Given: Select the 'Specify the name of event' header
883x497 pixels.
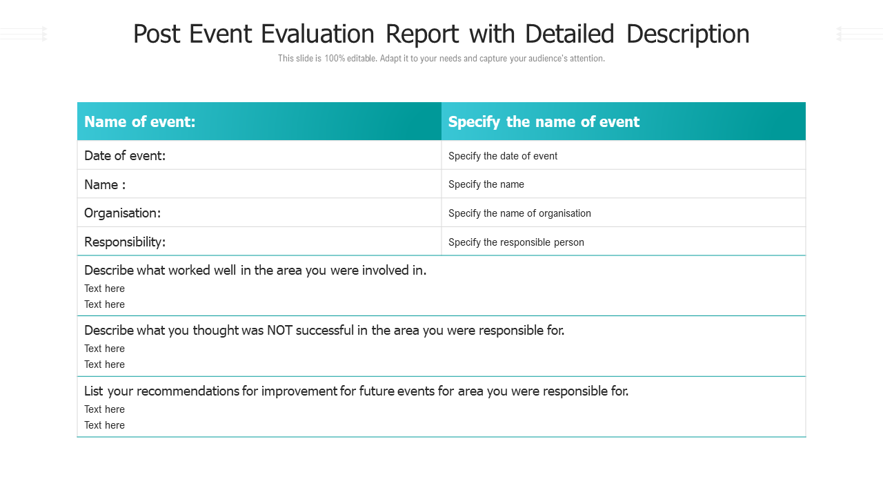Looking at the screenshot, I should pyautogui.click(x=544, y=122).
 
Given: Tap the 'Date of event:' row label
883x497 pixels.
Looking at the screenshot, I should pyautogui.click(x=125, y=156).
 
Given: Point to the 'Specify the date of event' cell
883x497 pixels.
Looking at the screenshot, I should pyautogui.click(x=502, y=156).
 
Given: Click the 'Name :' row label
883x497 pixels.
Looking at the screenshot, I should pyautogui.click(x=105, y=185).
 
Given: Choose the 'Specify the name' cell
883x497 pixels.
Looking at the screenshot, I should pyautogui.click(x=486, y=184).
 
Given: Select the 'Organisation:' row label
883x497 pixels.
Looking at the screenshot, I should pyautogui.click(x=122, y=213).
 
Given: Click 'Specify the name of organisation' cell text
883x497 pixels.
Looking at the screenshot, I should pyautogui.click(x=519, y=213).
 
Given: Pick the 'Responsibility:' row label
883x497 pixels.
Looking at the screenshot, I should pyautogui.click(x=125, y=242).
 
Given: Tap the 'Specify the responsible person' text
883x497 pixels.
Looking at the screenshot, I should pyautogui.click(x=516, y=242).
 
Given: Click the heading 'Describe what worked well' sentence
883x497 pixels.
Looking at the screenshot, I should pyautogui.click(x=255, y=271).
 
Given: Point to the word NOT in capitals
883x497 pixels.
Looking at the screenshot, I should pyautogui.click(x=280, y=331).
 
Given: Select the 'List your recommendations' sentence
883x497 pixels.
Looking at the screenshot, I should pyautogui.click(x=356, y=391).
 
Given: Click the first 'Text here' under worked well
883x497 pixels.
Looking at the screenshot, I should pyautogui.click(x=104, y=289).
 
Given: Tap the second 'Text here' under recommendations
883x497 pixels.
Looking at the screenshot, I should pyautogui.click(x=104, y=425).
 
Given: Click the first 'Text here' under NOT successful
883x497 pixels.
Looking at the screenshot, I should pyautogui.click(x=104, y=349).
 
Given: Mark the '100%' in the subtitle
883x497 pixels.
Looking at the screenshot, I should pyautogui.click(x=335, y=59).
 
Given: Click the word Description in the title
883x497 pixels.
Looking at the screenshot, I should pyautogui.click(x=688, y=34).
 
